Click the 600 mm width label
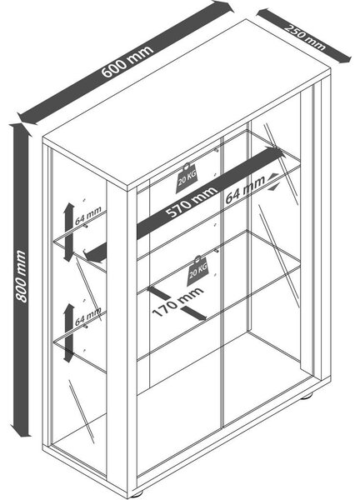127,62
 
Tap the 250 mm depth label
305,37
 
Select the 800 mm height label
21,276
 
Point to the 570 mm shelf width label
192,202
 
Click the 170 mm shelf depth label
177,302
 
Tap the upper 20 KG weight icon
187,177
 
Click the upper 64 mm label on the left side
88,215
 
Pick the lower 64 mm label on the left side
88,317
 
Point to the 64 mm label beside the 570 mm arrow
245,190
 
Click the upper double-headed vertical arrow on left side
69,232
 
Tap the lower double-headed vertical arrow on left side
69,332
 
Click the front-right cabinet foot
307,397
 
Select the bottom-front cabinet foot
137,495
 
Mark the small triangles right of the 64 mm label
273,182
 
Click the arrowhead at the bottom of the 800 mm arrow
20,431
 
